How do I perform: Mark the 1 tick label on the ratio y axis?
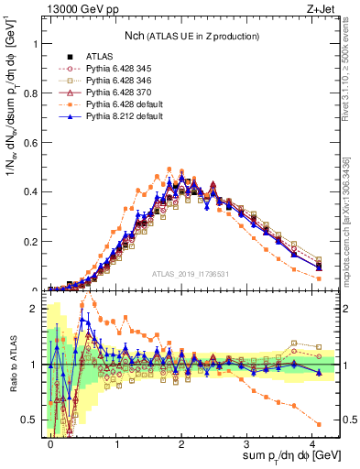pyautogui.click(x=38, y=365)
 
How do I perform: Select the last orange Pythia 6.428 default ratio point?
pyautogui.click(x=318, y=423)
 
